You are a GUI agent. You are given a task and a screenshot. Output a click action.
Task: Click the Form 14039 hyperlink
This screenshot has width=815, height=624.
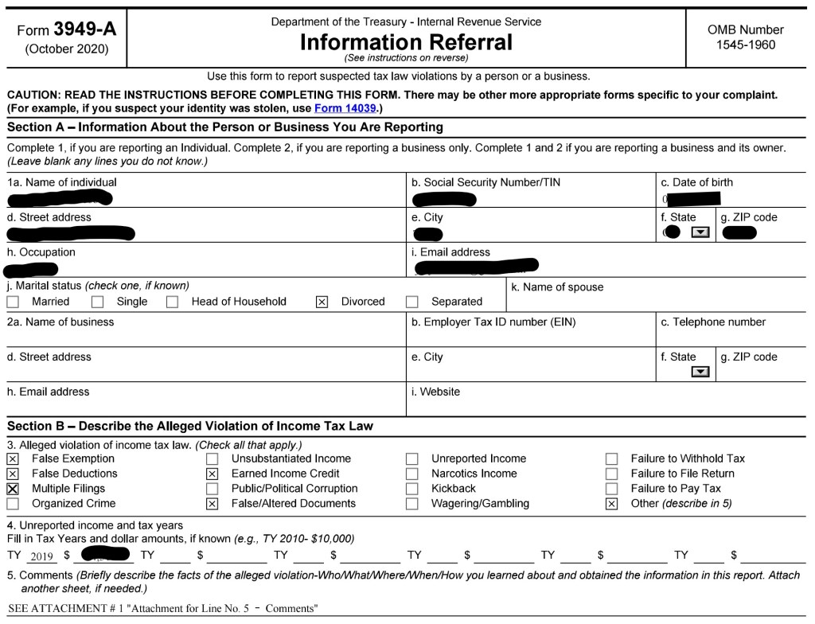344,108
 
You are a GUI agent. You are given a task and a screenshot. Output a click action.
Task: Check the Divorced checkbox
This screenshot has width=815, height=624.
322,302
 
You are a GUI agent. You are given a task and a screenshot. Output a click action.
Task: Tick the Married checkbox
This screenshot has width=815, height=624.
13,302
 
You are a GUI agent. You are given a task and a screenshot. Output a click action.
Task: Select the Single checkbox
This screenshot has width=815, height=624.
97,302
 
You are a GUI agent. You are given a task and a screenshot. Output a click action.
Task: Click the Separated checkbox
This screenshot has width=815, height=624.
411,302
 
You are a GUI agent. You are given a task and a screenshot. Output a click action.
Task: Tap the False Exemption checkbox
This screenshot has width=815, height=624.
13,459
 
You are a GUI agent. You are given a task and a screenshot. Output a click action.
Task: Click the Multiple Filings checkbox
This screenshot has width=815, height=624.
13,489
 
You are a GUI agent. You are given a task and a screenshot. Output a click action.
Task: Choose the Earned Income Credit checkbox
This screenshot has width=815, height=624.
212,474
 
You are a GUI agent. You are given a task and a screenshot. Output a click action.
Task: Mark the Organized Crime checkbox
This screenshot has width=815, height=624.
13,504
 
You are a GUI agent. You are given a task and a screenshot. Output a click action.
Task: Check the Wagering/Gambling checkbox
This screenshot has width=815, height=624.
411,504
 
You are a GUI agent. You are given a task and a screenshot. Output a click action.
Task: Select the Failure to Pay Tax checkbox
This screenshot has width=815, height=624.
611,489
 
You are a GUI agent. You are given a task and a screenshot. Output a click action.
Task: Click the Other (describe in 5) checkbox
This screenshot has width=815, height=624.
611,504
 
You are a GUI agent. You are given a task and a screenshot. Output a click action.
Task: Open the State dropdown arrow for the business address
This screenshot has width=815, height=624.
700,372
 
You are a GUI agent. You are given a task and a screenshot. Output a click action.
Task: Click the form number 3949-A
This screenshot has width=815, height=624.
84,29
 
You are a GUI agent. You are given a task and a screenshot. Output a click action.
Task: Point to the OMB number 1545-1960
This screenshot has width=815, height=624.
745,45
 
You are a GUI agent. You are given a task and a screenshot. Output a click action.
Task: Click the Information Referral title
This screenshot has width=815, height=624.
406,42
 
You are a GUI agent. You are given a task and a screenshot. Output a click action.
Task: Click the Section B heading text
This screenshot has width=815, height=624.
190,426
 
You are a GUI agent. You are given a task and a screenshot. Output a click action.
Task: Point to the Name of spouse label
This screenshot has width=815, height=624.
557,287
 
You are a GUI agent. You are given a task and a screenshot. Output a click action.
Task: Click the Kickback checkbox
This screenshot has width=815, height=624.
411,489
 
